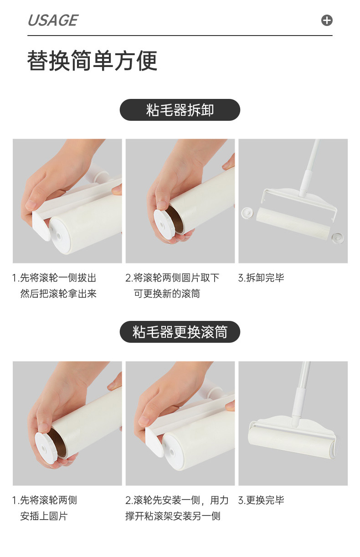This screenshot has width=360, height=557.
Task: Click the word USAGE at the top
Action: click(x=53, y=21)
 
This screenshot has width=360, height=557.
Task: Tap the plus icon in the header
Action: click(x=327, y=21)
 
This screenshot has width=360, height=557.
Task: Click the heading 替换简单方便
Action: click(x=93, y=61)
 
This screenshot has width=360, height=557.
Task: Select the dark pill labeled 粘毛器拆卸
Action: click(x=180, y=110)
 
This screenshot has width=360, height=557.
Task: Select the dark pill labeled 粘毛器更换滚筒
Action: click(x=180, y=332)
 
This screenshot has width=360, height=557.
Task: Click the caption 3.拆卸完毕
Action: click(x=261, y=278)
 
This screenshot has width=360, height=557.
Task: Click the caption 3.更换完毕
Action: click(x=261, y=500)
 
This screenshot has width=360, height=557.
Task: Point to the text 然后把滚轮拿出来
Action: click(x=58, y=294)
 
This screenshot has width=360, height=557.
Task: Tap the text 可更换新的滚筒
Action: click(x=167, y=294)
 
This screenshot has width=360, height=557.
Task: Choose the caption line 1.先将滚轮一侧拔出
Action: click(x=54, y=278)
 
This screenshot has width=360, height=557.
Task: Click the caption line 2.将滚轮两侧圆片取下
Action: click(x=172, y=278)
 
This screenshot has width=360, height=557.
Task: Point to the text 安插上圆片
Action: click(x=44, y=516)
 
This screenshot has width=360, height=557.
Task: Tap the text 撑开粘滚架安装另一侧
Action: click(x=173, y=516)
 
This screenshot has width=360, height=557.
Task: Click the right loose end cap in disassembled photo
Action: click(x=337, y=237)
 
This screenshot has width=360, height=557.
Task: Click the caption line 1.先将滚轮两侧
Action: click(x=45, y=500)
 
